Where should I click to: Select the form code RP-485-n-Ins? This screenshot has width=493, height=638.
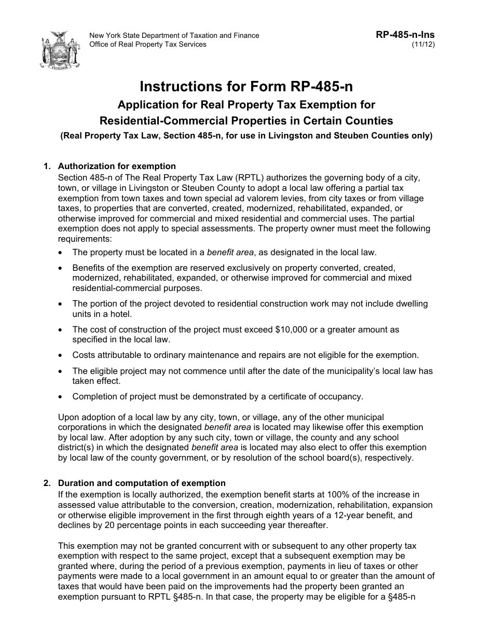pyautogui.click(x=405, y=35)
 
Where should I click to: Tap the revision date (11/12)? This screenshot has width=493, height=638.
pyautogui.click(x=423, y=45)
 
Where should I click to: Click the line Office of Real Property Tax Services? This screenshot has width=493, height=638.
pyautogui.click(x=148, y=45)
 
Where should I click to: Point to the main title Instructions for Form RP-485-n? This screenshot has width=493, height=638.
pyautogui.click(x=246, y=86)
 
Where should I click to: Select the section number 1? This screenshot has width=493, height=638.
pyautogui.click(x=47, y=167)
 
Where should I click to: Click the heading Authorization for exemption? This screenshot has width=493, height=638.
pyautogui.click(x=117, y=167)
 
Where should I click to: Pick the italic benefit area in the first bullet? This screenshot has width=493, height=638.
pyautogui.click(x=230, y=253)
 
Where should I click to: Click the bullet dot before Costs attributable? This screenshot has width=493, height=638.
pyautogui.click(x=62, y=356)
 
